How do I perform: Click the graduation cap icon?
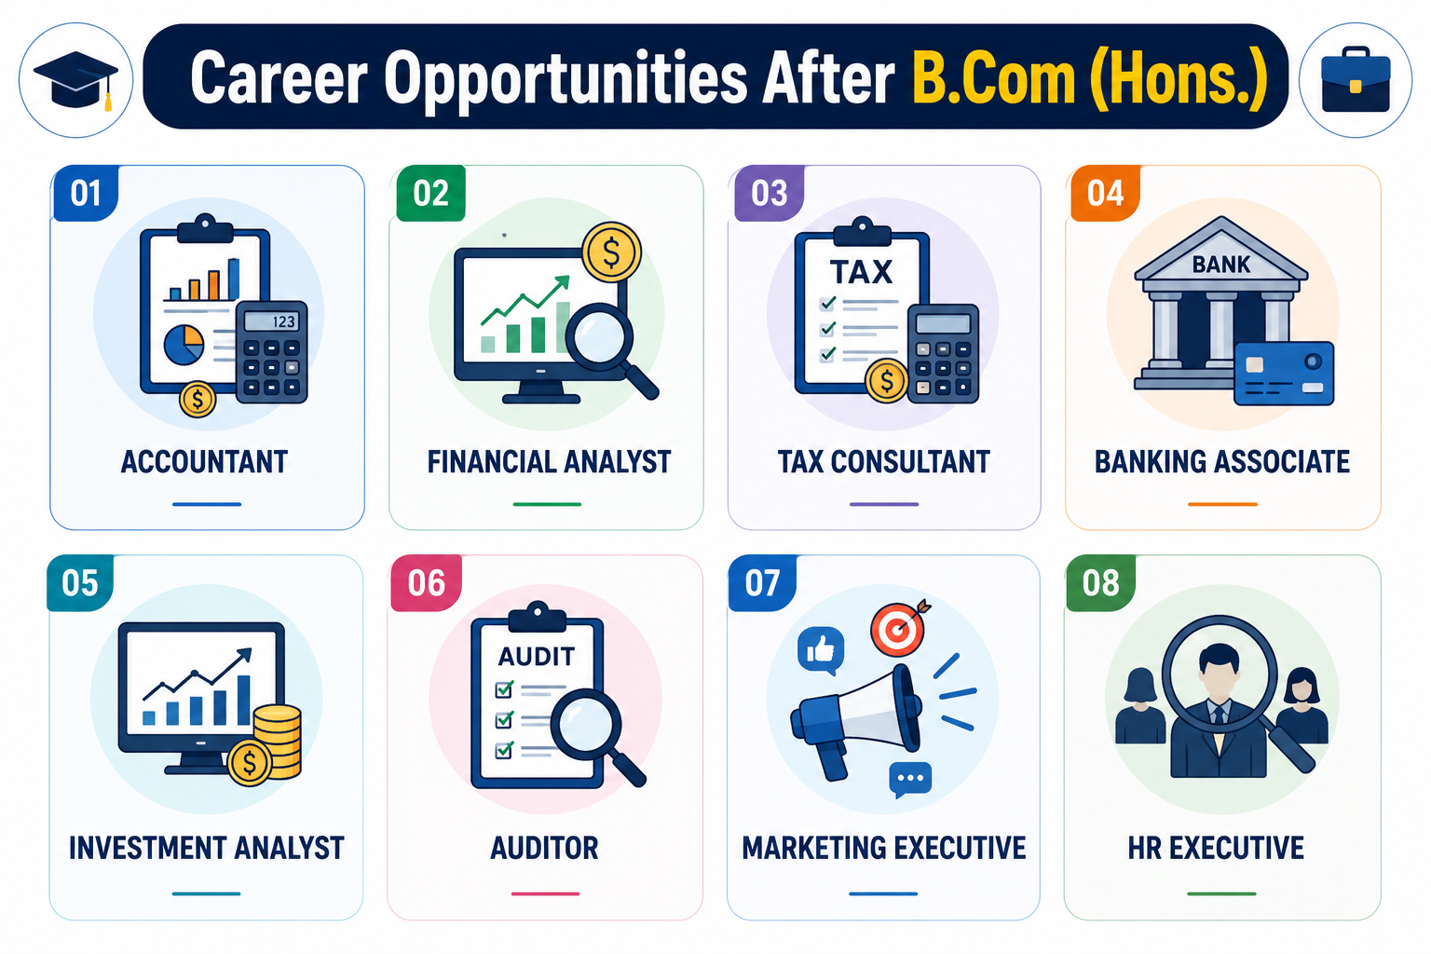(76, 80)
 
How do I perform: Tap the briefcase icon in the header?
(1356, 80)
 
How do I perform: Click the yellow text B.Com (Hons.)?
(1090, 79)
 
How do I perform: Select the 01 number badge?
(86, 193)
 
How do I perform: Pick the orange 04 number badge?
(1105, 193)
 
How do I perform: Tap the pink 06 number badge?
(426, 583)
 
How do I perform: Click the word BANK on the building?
(1220, 265)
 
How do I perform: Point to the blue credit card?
(1284, 374)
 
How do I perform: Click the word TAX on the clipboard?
(861, 272)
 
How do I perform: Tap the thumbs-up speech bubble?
(821, 650)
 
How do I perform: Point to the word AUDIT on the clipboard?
(536, 656)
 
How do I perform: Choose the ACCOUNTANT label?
(204, 462)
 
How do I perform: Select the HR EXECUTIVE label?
(1216, 848)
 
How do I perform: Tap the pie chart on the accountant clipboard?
(184, 345)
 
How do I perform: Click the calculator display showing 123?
(271, 320)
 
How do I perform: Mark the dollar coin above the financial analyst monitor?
(611, 252)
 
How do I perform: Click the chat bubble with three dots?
(909, 779)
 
